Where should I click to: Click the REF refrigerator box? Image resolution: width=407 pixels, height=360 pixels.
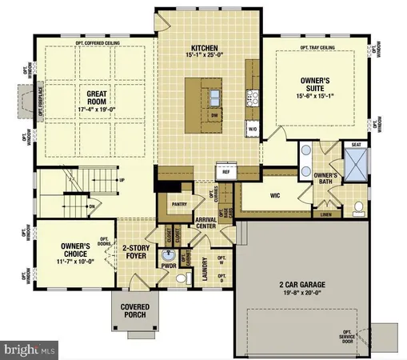click(x=225, y=170)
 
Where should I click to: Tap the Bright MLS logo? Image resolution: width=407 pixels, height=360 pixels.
click(x=30, y=350)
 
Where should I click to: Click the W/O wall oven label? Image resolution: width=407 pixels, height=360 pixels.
click(x=253, y=127)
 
